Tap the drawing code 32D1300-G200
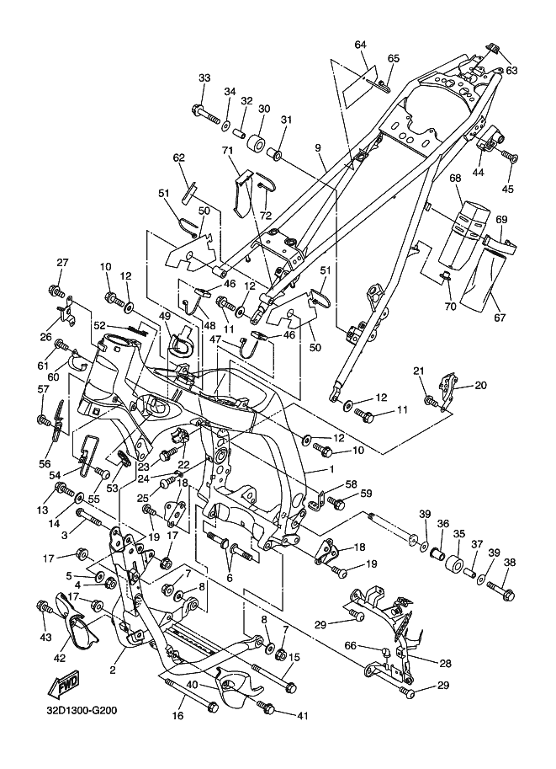71,710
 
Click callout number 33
204,78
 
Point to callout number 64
361,44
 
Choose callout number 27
61,263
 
